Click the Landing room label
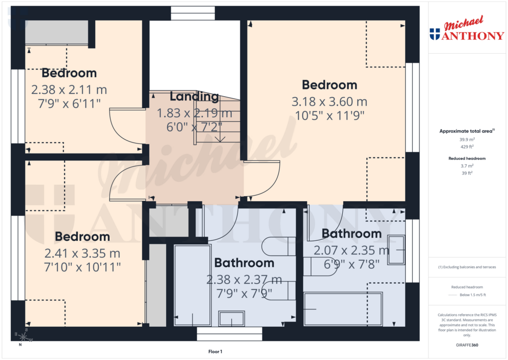(x=194, y=97)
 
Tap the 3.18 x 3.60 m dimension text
(x=329, y=102)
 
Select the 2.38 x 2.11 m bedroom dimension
(x=69, y=90)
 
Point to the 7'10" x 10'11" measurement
(x=82, y=267)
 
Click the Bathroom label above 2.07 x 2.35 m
(x=351, y=233)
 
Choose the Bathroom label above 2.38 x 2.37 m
(x=244, y=263)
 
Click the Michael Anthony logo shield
(x=435, y=34)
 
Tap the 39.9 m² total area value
(x=466, y=140)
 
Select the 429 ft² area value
(x=466, y=146)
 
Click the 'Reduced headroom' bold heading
(x=466, y=158)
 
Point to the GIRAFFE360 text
(x=466, y=345)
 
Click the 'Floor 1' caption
(x=215, y=352)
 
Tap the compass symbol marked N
(x=21, y=337)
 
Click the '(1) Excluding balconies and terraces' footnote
(x=466, y=267)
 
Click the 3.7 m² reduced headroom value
(x=466, y=166)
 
